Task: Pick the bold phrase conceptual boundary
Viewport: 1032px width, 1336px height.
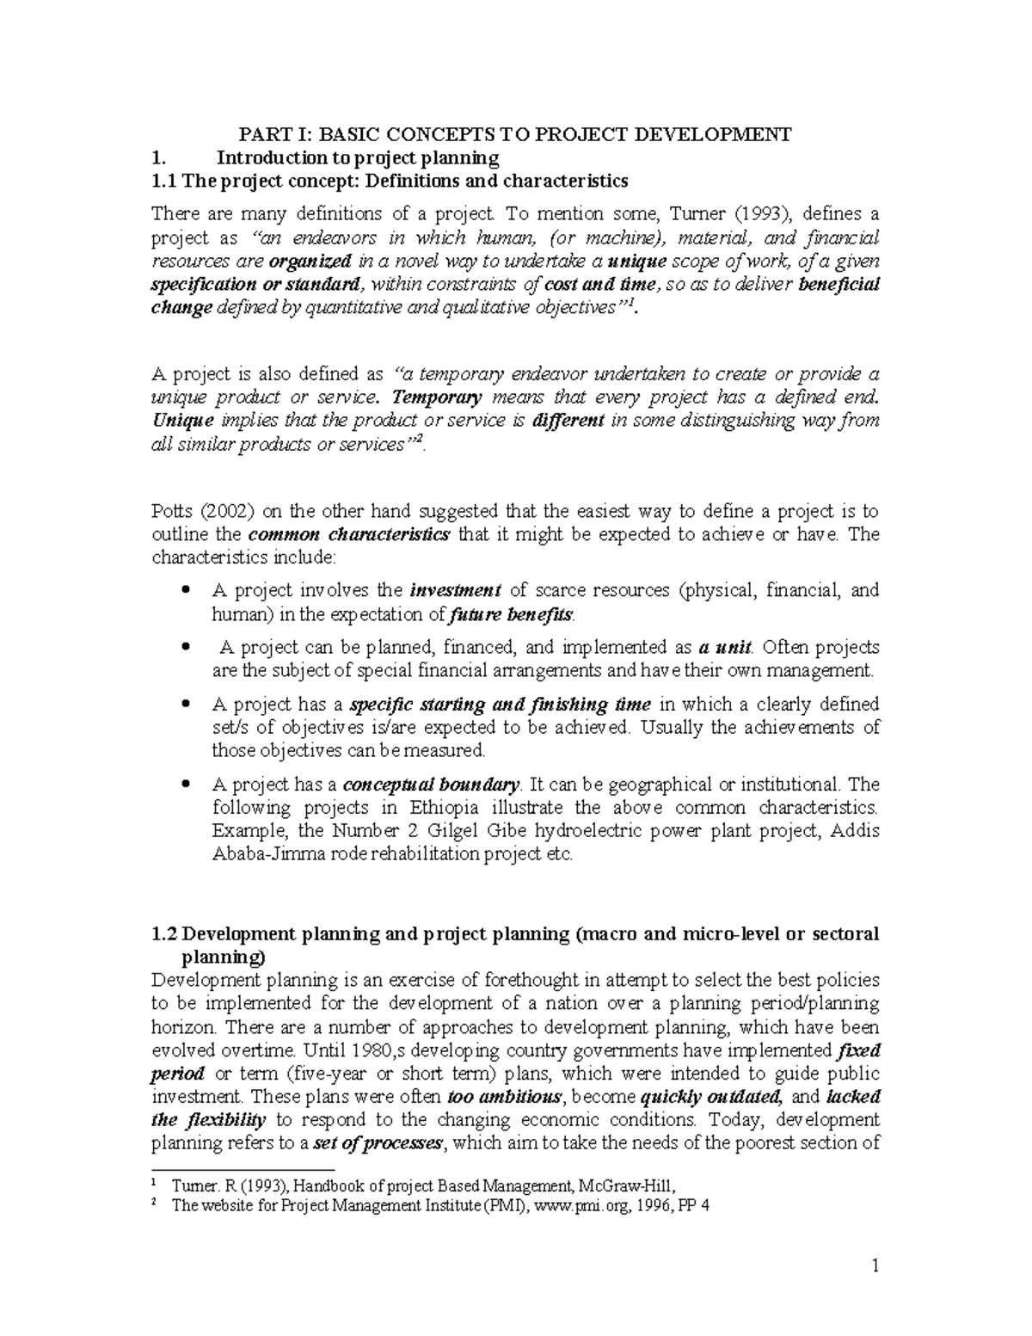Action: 432,785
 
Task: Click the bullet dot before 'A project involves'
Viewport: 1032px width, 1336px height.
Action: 187,591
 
